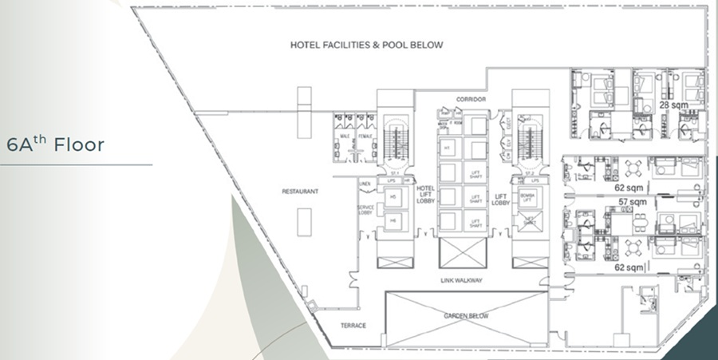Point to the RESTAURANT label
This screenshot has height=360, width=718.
pos(300,192)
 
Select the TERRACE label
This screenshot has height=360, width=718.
pos(353,326)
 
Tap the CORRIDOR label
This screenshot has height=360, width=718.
pos(471,99)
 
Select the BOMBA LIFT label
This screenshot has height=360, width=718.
pos(527,196)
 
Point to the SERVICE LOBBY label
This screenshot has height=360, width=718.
pos(365,211)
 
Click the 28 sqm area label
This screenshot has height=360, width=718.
pos(673,105)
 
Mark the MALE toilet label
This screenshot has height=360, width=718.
pos(346,136)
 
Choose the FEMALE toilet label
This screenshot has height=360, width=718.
pos(365,136)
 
